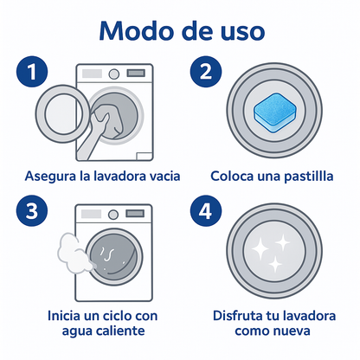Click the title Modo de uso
coord(180,30)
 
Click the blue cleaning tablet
coord(273,108)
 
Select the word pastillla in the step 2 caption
coord(305,177)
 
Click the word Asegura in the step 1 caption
coord(51,177)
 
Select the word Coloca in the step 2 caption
coord(231,177)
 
